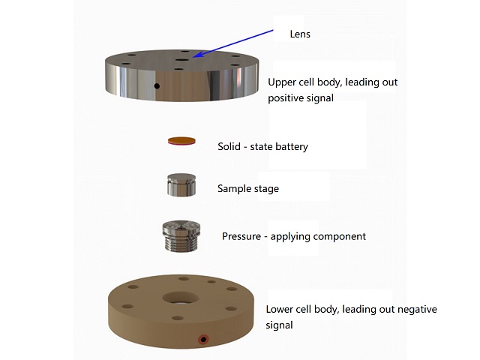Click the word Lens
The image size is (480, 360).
300,34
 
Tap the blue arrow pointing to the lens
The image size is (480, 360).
232,41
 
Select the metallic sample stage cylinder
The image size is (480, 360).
181,185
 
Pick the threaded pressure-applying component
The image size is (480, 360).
181,238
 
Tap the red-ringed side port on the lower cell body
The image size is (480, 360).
202,340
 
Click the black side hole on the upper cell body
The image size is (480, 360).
157,86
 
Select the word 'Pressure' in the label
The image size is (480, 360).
241,236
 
